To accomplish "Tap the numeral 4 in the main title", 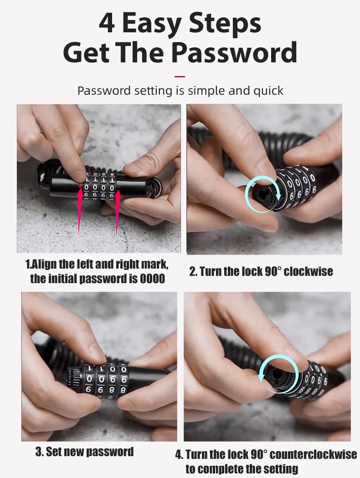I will pyautogui.click(x=107, y=23).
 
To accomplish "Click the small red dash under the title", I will pyautogui.click(x=180, y=76).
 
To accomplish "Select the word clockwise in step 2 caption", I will pyautogui.click(x=310, y=272).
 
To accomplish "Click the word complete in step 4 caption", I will pyautogui.click(x=221, y=468).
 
